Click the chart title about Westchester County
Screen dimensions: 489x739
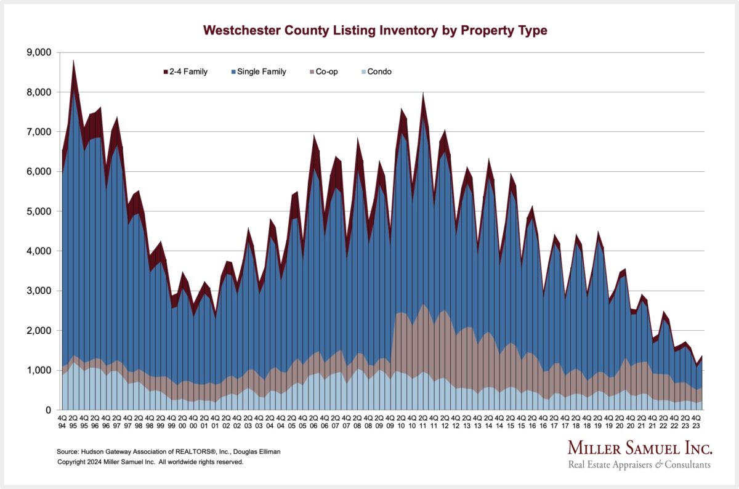[375, 30]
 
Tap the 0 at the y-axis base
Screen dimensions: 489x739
[48, 410]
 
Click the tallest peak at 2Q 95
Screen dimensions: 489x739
[74, 62]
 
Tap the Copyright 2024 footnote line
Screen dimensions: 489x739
[151, 462]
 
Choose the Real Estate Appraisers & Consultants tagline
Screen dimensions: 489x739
[639, 464]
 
